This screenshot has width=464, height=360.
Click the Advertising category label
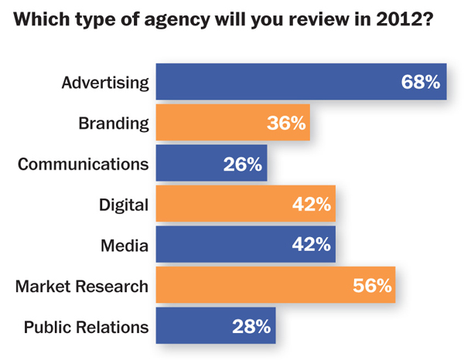pos(105,82)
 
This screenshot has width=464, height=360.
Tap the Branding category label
pos(113,123)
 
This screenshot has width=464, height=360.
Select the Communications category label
pos(82,164)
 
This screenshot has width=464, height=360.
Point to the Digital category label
pos(124,205)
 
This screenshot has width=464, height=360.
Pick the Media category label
pos(125,246)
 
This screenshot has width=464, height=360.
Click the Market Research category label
pos(82,287)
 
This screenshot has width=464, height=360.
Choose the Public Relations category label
pos(86,328)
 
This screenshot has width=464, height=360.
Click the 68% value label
pos(421,82)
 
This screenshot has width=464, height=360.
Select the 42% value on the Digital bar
pos(312,205)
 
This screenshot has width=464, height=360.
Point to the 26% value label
pos(244,164)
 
